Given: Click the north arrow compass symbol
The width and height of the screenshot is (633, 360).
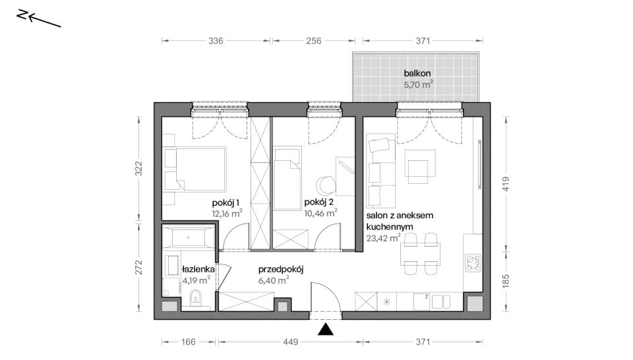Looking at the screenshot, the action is pyautogui.click(x=39, y=18).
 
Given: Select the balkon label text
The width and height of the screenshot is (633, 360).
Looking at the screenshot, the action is pyautogui.click(x=417, y=73).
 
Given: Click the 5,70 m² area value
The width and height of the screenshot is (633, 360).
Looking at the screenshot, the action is pyautogui.click(x=418, y=84).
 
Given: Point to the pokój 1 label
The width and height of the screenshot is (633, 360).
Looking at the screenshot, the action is pyautogui.click(x=226, y=202).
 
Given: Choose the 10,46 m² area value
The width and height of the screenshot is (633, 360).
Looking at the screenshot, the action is pyautogui.click(x=320, y=213).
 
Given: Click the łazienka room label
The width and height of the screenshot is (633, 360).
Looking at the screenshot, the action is pyautogui.click(x=198, y=269).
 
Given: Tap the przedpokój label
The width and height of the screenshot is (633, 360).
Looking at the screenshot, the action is pyautogui.click(x=281, y=269).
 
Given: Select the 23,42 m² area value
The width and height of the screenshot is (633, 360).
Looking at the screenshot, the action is pyautogui.click(x=383, y=238).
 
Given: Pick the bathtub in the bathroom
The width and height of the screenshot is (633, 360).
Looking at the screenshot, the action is pyautogui.click(x=188, y=237).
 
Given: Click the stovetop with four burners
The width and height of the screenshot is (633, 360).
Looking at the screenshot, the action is pyautogui.click(x=473, y=262).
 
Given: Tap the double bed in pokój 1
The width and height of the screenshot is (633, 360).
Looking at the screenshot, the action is pyautogui.click(x=195, y=169).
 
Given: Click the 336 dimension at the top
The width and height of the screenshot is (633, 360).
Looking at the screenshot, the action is pyautogui.click(x=216, y=41).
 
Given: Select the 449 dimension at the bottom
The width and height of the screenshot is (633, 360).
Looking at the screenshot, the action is pyautogui.click(x=290, y=342).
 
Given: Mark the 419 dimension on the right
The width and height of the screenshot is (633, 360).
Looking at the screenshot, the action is pyautogui.click(x=506, y=184).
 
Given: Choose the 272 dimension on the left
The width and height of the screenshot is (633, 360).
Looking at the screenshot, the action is pyautogui.click(x=139, y=267).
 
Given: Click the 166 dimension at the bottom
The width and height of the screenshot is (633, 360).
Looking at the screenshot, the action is pyautogui.click(x=188, y=342).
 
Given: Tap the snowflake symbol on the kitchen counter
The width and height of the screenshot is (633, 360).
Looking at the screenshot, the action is pyautogui.click(x=387, y=301).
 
